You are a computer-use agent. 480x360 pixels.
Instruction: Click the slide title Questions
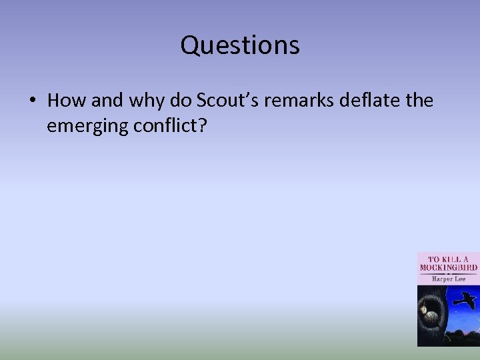click(240, 45)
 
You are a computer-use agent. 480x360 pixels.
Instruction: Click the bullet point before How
click(32, 101)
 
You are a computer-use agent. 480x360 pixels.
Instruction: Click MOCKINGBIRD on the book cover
click(448, 267)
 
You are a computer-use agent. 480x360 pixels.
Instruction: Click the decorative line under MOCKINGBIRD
click(448, 273)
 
